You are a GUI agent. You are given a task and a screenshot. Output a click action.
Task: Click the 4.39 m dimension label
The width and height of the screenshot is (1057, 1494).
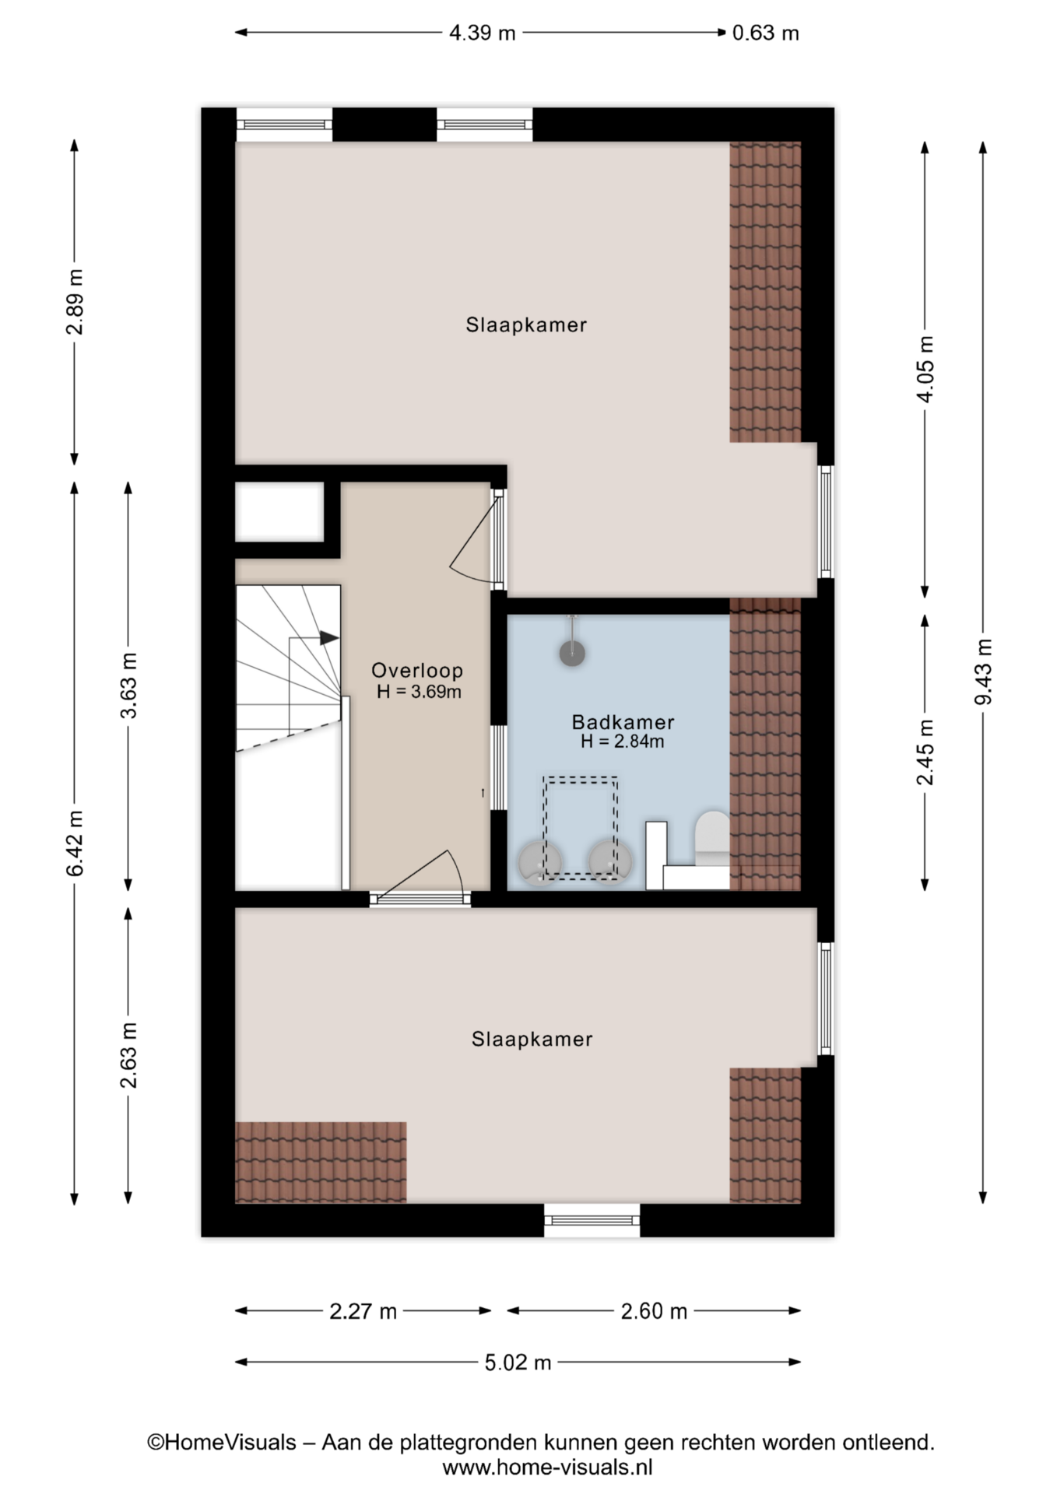click(x=482, y=33)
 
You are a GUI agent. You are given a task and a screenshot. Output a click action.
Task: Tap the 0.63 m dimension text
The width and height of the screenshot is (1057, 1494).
click(x=766, y=33)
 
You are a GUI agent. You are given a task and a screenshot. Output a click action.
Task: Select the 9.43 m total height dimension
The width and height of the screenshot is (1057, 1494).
click(x=984, y=672)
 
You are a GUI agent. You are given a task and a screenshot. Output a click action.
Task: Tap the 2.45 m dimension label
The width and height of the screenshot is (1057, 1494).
click(x=925, y=752)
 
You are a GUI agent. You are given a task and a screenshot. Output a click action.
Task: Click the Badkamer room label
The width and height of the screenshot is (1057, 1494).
click(x=623, y=721)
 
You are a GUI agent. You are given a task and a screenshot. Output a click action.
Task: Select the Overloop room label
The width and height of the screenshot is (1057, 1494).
click(x=417, y=670)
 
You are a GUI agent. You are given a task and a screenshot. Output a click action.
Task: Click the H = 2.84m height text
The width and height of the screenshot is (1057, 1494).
click(x=623, y=742)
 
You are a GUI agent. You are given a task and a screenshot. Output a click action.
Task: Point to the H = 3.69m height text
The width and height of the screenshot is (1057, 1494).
click(x=420, y=691)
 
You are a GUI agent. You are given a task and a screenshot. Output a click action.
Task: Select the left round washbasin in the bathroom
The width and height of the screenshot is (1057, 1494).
click(x=539, y=864)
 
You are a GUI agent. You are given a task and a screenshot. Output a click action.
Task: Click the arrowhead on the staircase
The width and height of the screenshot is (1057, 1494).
click(x=329, y=638)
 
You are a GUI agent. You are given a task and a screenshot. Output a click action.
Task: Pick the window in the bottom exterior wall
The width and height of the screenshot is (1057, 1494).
click(x=592, y=1219)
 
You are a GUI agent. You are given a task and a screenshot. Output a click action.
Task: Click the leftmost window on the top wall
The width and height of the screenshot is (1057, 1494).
click(x=284, y=124)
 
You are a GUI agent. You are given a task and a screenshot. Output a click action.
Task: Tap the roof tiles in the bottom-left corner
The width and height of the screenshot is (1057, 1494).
click(x=321, y=1162)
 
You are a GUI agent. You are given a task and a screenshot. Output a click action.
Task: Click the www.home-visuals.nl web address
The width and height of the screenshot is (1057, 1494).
click(x=547, y=1467)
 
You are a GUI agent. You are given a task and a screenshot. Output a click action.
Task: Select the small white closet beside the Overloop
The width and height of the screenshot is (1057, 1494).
click(x=279, y=511)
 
